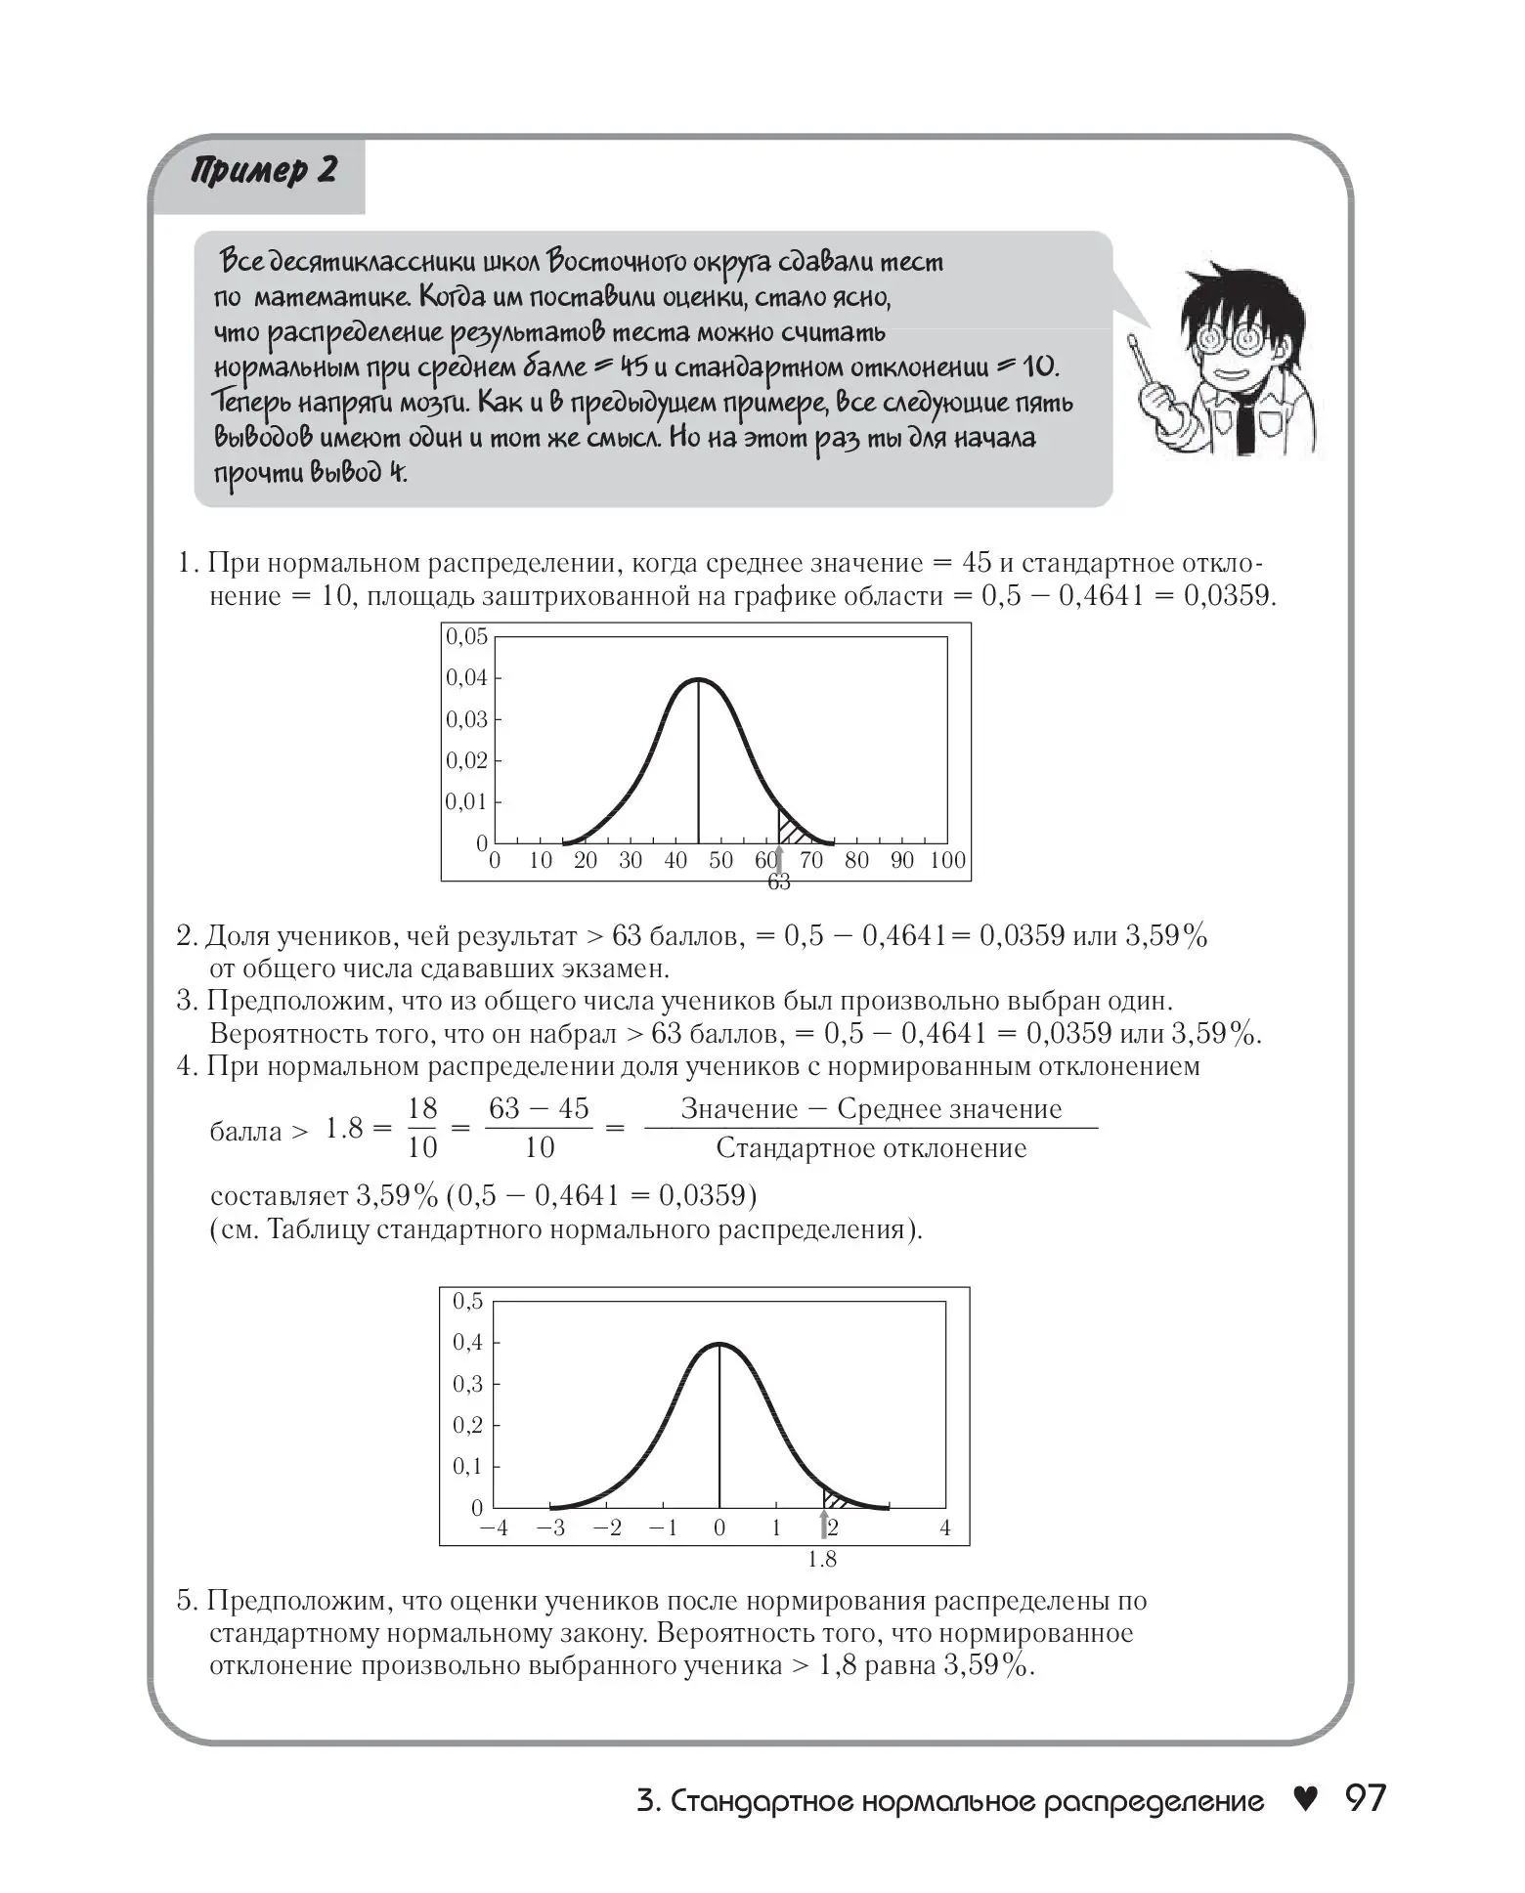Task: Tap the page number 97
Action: coord(1365,1799)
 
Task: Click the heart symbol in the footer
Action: coord(1305,1799)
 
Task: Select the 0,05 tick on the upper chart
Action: coord(466,637)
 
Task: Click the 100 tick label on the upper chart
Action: coord(947,860)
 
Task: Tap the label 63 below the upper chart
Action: coord(778,882)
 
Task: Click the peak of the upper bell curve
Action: coord(698,678)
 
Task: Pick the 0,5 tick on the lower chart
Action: coord(467,1301)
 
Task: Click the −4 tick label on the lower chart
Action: coord(495,1528)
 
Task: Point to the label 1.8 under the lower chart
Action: coord(822,1560)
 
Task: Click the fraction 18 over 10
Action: coord(421,1128)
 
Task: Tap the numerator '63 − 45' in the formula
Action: coord(539,1108)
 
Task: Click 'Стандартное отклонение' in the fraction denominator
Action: coord(871,1148)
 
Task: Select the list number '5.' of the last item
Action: coord(189,1602)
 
